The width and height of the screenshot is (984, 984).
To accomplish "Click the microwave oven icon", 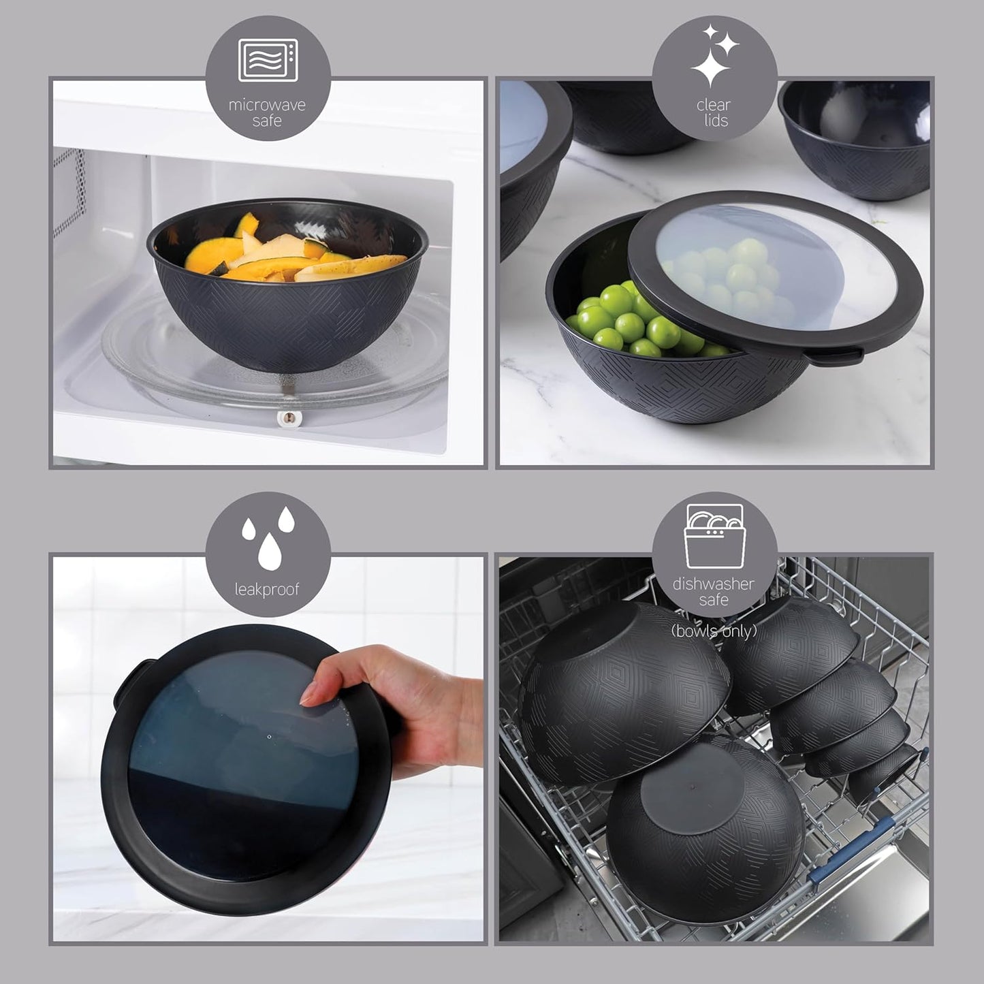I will pos(267,60).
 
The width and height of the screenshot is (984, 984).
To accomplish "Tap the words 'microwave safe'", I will pos(267,113).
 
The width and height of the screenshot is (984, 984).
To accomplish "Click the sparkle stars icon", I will pos(714,58).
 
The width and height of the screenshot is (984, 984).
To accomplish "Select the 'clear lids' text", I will pos(713,113).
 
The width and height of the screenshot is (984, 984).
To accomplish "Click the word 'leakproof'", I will pos(267,589).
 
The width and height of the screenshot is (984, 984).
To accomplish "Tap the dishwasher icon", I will pos(714,536).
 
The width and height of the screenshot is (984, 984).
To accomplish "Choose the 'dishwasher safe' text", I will pos(713,592).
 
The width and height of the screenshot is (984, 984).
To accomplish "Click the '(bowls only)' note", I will pos(714,631).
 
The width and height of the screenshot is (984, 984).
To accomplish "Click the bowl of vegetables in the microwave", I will pos(287,286).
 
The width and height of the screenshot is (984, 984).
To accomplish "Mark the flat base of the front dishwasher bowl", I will pos(688,793).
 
